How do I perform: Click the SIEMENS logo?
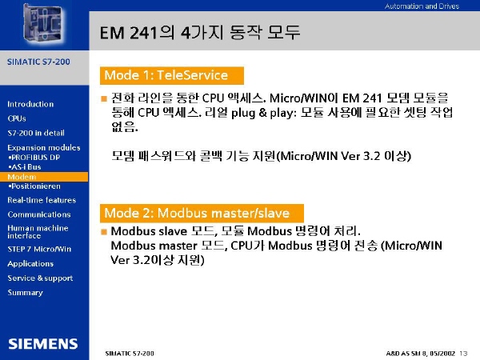click(43, 344)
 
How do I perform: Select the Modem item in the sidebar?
click(22, 177)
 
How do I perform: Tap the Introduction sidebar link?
click(30, 104)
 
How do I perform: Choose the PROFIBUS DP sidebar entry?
click(34, 158)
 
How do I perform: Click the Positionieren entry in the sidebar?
click(34, 186)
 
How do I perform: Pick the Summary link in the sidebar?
click(25, 293)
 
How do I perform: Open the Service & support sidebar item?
click(40, 278)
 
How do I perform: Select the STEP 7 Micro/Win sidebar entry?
click(39, 249)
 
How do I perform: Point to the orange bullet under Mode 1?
click(104, 98)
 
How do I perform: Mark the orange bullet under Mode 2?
click(104, 232)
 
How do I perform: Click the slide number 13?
click(463, 354)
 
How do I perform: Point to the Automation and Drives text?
click(422, 6)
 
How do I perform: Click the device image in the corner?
click(43, 24)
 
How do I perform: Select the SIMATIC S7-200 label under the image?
click(38, 62)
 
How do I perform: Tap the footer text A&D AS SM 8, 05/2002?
click(421, 354)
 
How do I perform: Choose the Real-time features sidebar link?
click(42, 200)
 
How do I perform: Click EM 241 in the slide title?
click(129, 33)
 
